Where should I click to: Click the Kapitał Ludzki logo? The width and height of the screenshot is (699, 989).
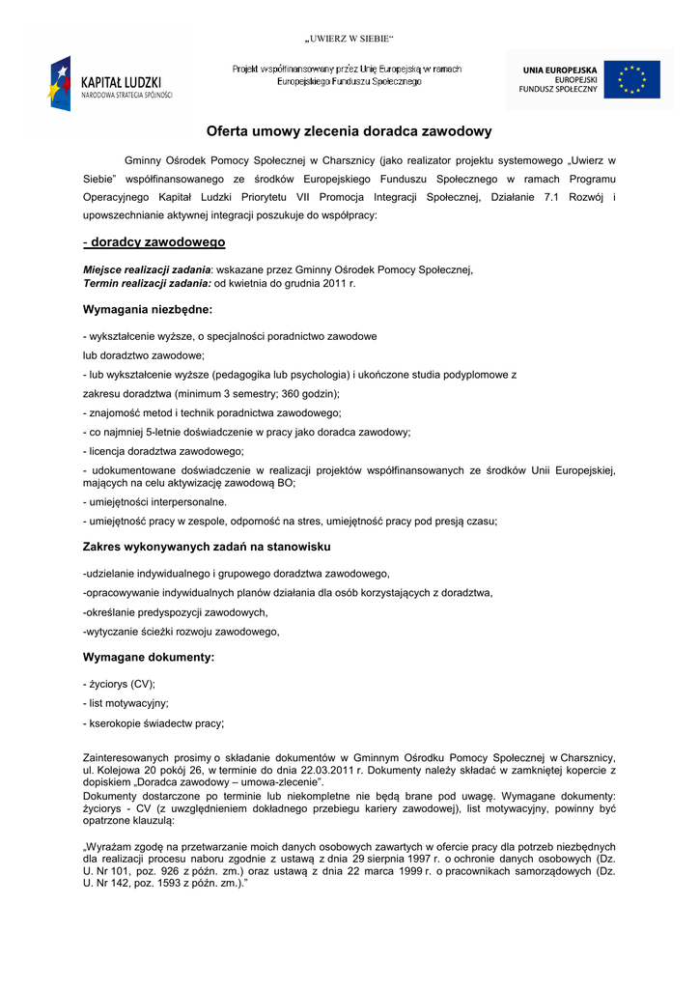[110, 82]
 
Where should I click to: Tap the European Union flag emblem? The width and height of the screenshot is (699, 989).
[632, 80]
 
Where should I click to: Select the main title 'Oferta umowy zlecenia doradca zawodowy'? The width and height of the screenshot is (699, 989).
[349, 131]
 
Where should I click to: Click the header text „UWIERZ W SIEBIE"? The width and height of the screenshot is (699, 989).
[349, 39]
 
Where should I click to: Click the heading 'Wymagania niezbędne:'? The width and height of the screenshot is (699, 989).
[148, 310]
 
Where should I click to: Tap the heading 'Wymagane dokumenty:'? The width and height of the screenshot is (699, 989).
[149, 658]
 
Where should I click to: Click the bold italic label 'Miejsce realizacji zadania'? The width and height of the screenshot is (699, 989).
[147, 270]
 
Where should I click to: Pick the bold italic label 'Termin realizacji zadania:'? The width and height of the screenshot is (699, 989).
[147, 284]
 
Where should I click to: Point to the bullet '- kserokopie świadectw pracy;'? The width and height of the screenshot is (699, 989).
[154, 723]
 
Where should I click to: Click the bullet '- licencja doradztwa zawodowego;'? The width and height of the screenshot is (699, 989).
[163, 451]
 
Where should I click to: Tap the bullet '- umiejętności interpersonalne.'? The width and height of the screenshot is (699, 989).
[155, 502]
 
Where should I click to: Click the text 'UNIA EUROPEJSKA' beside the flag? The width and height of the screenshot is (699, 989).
[560, 71]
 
